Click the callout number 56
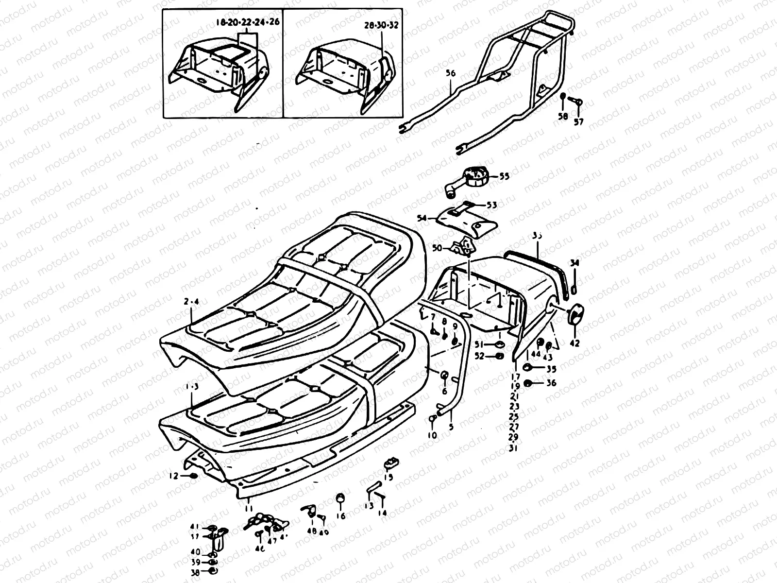(450, 73)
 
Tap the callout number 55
(504, 176)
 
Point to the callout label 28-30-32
(381, 25)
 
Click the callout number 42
(574, 343)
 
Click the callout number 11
(249, 508)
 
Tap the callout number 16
(341, 516)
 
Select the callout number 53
(491, 205)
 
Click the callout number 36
(551, 383)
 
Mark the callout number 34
(574, 263)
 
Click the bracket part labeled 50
(463, 247)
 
